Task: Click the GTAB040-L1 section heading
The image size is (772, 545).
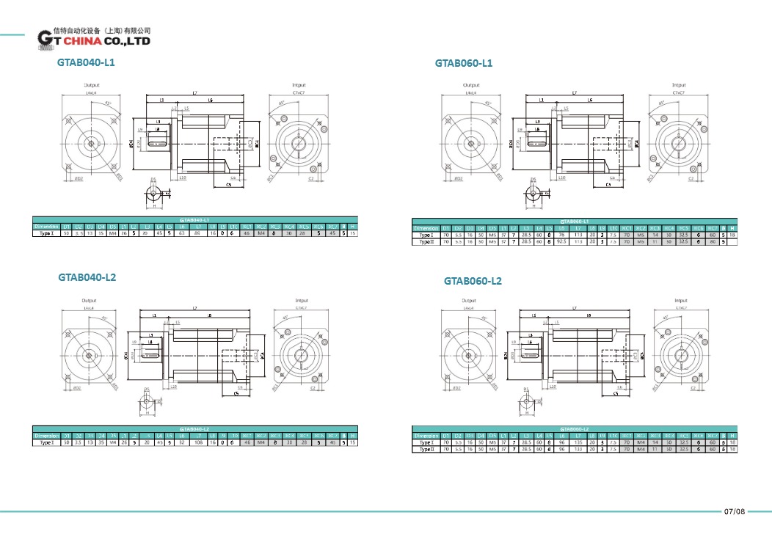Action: pos(86,63)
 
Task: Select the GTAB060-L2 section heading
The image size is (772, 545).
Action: pos(473,281)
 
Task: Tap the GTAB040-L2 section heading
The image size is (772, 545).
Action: pos(87,277)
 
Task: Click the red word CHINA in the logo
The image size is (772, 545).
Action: pos(84,43)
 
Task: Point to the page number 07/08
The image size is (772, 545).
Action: pos(734,511)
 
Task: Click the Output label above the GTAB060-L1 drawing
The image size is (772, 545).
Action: pos(469,85)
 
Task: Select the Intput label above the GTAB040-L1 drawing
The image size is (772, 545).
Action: pos(299,85)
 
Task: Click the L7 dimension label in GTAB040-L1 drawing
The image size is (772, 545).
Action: pos(194,93)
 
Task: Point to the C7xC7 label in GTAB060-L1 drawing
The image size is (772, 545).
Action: pos(679,93)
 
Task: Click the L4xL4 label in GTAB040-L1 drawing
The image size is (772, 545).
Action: pos(91,93)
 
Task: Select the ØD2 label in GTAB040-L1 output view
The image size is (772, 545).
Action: pos(78,178)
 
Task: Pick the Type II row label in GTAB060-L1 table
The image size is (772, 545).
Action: pos(426,241)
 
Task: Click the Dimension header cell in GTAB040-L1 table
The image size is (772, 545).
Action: pos(47,227)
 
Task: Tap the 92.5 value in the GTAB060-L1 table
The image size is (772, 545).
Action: pos(561,241)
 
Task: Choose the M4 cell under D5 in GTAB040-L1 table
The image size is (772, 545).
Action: pos(113,233)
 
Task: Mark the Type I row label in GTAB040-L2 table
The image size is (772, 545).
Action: pos(47,442)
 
